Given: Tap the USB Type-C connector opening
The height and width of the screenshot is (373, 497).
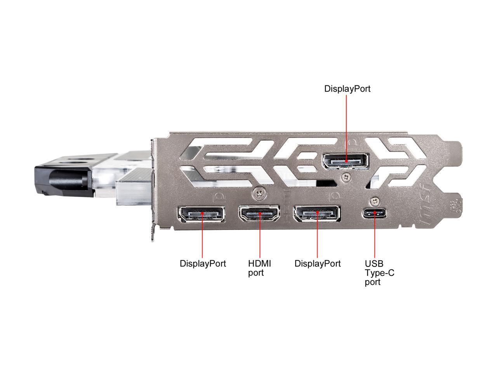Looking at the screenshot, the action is click(375, 213).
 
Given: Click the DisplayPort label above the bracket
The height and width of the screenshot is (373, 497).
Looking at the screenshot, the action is click(347, 89).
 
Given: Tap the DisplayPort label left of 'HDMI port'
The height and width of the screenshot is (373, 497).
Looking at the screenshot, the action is click(203, 263).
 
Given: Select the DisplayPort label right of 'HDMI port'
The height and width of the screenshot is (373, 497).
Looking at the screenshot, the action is click(317, 263).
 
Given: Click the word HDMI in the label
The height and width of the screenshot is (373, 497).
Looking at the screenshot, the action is click(259, 263).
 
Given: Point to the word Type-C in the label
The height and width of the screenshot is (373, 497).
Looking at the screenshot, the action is click(379, 273).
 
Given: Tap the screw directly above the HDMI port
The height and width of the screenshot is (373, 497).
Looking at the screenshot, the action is click(259, 192).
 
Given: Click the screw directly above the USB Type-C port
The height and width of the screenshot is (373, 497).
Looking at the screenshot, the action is click(374, 201).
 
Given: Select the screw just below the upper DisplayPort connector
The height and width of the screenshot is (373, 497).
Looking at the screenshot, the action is click(345, 177).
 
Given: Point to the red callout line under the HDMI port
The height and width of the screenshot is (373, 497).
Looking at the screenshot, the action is click(260, 237).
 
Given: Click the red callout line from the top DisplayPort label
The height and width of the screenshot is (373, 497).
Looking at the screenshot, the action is click(346, 124).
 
